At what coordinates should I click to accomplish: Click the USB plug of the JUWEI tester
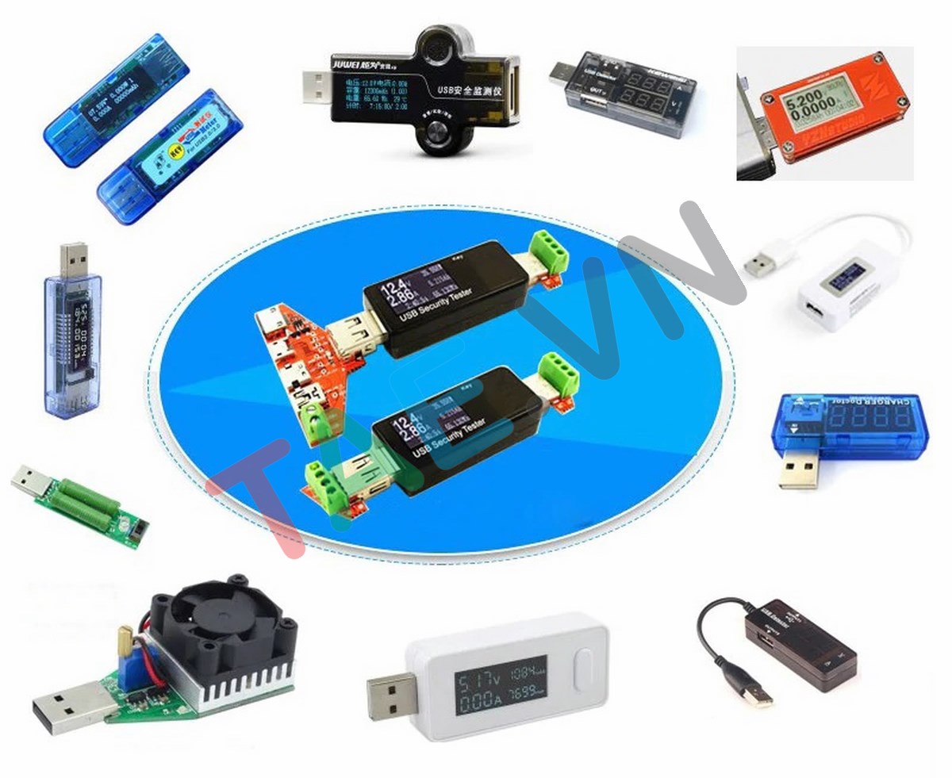tap(317, 84)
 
